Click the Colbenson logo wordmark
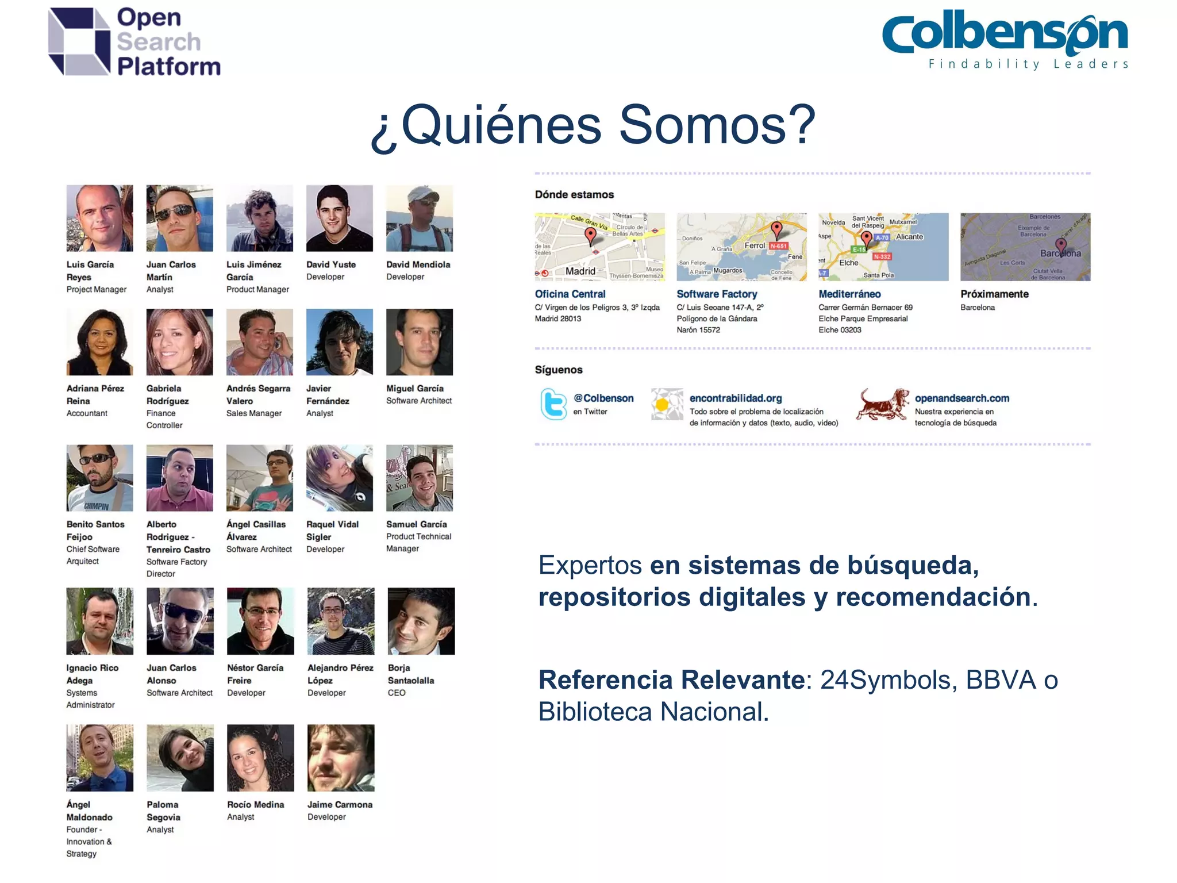click(1005, 34)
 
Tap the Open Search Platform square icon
click(79, 41)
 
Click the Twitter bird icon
click(553, 404)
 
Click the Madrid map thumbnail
click(599, 247)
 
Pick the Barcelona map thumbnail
click(1025, 247)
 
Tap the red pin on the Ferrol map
click(776, 229)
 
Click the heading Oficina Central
click(570, 294)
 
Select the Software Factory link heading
click(716, 294)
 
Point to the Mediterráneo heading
click(849, 294)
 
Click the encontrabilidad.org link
click(735, 398)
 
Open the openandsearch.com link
click(961, 398)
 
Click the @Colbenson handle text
click(603, 398)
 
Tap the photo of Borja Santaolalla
click(421, 621)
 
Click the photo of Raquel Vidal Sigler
click(339, 478)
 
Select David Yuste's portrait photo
click(339, 218)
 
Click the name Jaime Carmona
click(339, 804)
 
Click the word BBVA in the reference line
click(1000, 680)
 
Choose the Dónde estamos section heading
click(574, 194)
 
